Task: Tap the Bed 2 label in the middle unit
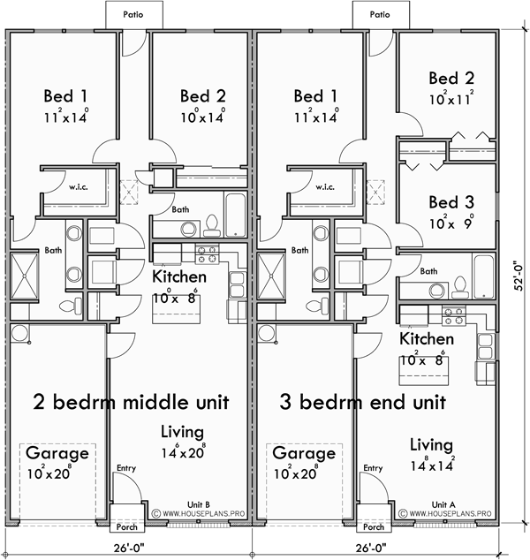[x=203, y=96]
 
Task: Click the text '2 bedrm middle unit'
[x=131, y=402]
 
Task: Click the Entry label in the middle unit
[x=126, y=469]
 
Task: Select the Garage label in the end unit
[x=304, y=454]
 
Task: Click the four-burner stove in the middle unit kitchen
[x=207, y=255]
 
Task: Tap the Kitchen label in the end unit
[x=427, y=339]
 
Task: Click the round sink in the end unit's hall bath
[x=435, y=291]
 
